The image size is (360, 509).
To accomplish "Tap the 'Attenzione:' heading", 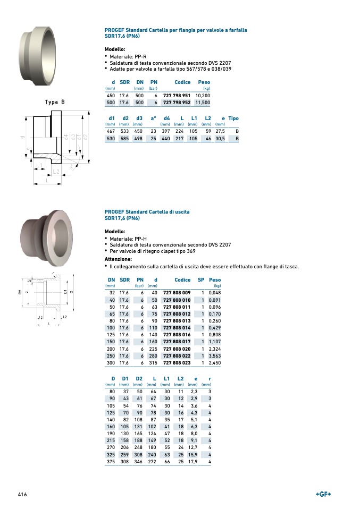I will [118, 259].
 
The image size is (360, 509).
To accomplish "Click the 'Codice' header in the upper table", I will [182, 82].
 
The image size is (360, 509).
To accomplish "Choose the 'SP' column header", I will [201, 279].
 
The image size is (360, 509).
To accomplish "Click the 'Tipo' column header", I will [233, 118].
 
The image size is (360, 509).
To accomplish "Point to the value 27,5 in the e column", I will [220, 131].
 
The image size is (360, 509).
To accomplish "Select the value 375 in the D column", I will [112, 462].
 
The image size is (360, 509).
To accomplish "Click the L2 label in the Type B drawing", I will [56, 172].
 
